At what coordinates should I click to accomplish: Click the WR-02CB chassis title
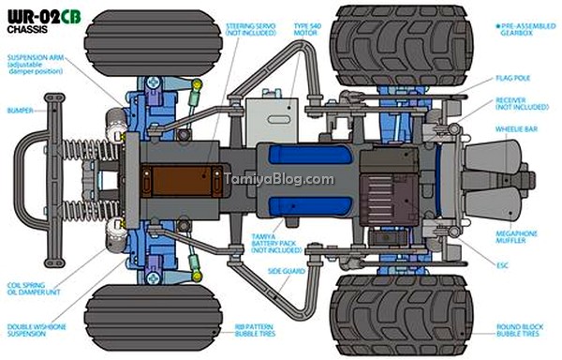(44, 22)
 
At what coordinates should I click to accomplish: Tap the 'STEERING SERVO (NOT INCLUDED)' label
(251, 29)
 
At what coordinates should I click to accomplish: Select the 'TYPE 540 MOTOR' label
(307, 29)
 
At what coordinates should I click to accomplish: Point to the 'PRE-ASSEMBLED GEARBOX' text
(525, 29)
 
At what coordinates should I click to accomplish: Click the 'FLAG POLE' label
(513, 78)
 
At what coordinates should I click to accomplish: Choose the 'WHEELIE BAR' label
(516, 129)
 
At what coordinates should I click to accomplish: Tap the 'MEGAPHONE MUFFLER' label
(516, 237)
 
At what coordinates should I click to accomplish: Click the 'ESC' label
(502, 265)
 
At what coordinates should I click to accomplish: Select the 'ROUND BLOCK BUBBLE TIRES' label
(519, 330)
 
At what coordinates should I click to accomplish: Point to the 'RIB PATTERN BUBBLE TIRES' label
(255, 330)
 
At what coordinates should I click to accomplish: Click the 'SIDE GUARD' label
(287, 272)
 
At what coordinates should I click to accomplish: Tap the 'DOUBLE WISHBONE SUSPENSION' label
(37, 330)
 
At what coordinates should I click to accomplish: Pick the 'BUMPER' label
(20, 111)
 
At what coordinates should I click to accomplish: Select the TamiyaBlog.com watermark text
(279, 178)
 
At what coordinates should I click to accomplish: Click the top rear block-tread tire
(402, 45)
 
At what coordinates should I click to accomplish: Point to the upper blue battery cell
(310, 155)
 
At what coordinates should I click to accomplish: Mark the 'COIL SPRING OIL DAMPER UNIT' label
(34, 289)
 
